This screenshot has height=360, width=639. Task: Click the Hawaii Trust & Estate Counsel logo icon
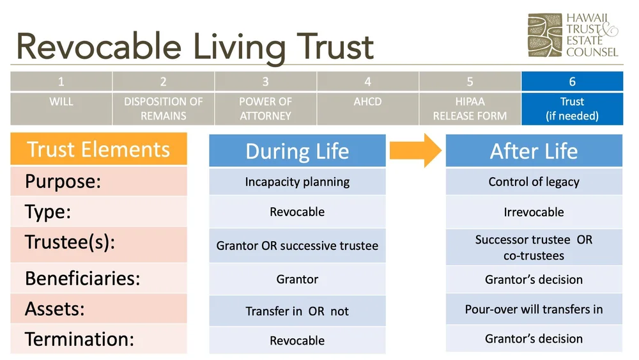(x=544, y=35)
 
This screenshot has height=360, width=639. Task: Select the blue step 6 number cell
(x=572, y=81)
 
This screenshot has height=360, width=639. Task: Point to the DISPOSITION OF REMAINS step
(x=164, y=109)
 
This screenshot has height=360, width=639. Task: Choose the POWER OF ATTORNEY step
(x=265, y=109)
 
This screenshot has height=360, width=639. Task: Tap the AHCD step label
(x=367, y=102)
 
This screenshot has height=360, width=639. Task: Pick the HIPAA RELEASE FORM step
(x=470, y=109)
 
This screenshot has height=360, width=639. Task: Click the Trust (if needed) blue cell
(x=572, y=109)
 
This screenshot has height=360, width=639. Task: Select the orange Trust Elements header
(x=98, y=150)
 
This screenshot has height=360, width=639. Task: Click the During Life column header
(x=297, y=152)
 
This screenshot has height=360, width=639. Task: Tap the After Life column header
(x=534, y=152)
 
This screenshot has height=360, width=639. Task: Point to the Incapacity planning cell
(x=297, y=182)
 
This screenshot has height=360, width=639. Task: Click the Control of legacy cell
(x=534, y=182)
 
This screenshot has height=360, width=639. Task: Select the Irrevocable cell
(x=534, y=212)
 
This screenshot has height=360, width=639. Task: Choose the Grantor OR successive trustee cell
(x=297, y=246)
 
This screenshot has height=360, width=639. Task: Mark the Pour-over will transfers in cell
(x=534, y=309)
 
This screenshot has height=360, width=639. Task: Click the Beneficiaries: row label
(x=82, y=279)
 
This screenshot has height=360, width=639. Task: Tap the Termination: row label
(x=80, y=339)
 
